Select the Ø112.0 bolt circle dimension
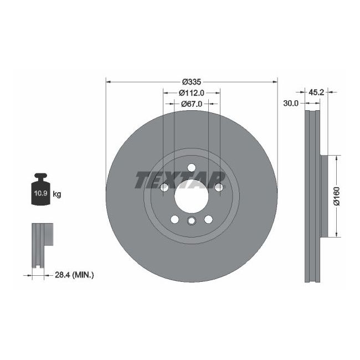click(x=192, y=92)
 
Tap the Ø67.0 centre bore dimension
click(x=192, y=103)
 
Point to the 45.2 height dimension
click(x=316, y=92)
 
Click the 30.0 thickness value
click(x=291, y=103)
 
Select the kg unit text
click(x=57, y=194)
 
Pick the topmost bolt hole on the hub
click(x=191, y=168)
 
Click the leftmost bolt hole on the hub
click(x=164, y=188)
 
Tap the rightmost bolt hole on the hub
click(x=218, y=188)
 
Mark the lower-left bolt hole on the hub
click(x=174, y=219)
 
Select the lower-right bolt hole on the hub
click(x=208, y=219)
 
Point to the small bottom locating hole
click(x=191, y=222)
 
